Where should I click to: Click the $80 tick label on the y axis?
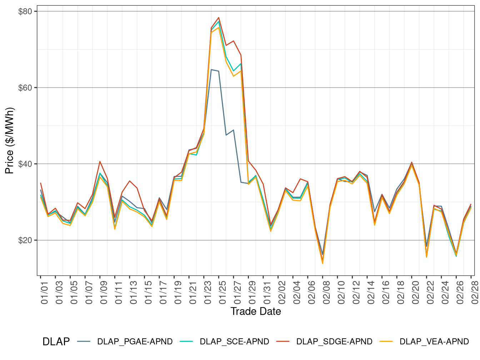click(25, 11)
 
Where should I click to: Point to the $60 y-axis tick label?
click(25, 87)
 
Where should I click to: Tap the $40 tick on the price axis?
click(25, 164)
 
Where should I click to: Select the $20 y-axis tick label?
click(25, 240)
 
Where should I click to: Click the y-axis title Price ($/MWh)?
click(9, 141)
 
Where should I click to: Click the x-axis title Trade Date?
click(256, 311)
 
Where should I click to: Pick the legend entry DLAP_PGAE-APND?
click(135, 341)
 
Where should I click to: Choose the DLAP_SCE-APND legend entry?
click(234, 341)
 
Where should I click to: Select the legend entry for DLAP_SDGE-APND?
click(334, 341)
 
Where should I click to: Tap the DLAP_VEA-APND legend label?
click(434, 341)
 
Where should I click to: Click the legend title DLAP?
click(56, 341)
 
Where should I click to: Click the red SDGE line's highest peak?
click(219, 17)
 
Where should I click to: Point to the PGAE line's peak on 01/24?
click(211, 70)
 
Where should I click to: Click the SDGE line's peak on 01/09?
click(100, 161)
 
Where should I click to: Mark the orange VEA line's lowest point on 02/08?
click(322, 264)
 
